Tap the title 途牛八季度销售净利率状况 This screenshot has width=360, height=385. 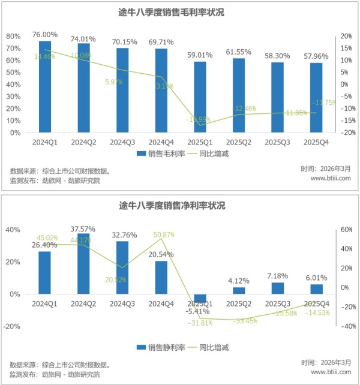click(x=179, y=206)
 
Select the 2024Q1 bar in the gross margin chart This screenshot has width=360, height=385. click(x=45, y=87)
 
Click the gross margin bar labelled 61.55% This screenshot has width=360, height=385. click(x=238, y=96)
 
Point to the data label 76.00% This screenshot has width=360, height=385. click(x=45, y=35)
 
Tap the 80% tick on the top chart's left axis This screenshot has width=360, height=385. click(x=14, y=36)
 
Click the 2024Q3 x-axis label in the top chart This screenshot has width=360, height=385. click(x=122, y=142)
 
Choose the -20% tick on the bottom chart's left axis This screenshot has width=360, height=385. click(x=14, y=327)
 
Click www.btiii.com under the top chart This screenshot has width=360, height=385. click(x=331, y=178)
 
